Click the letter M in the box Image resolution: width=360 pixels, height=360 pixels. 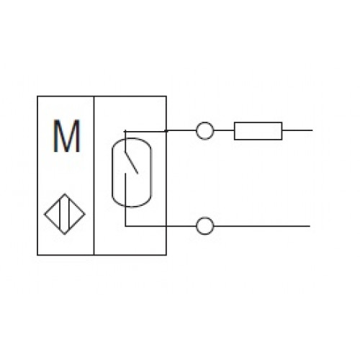pos(66,136)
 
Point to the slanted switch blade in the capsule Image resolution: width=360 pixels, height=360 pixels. pos(131,162)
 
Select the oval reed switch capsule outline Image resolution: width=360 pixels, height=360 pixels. pos(112,172)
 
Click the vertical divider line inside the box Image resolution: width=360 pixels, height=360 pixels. pos(94,176)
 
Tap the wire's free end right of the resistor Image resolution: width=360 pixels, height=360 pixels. pos(312,130)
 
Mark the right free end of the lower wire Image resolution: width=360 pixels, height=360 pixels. pos(310,226)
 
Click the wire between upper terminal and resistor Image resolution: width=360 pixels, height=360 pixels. pos(224,130)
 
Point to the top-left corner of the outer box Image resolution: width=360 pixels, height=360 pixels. pos(37,96)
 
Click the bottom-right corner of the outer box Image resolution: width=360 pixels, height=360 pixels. pos(166,255)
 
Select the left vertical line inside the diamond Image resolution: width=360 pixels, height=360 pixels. pos(60,214)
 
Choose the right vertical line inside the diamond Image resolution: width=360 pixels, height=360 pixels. pos(69,214)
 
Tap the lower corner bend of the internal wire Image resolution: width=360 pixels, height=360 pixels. pos(125,226)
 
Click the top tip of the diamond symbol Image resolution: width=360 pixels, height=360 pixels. pos(65,194)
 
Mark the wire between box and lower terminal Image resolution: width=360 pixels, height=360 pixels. pos(181,226)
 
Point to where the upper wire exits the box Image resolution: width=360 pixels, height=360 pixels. pos(166,130)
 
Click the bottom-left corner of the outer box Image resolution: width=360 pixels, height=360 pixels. pos(37,255)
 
